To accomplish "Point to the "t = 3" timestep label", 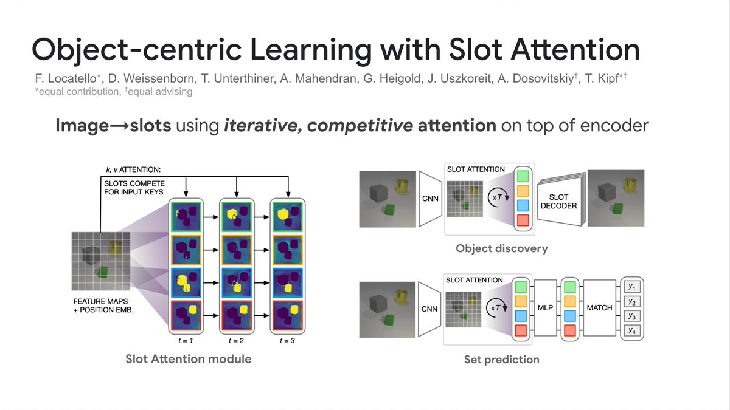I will (x=287, y=340).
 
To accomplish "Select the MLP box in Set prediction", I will (x=545, y=308).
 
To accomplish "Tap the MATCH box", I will (x=599, y=308).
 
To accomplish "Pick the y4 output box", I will (x=632, y=331).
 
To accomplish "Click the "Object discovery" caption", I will (x=501, y=248).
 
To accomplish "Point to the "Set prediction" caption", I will (x=501, y=360).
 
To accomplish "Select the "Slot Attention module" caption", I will (x=188, y=359).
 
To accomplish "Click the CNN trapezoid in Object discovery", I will (x=430, y=198).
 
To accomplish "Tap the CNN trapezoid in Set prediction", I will (x=430, y=309).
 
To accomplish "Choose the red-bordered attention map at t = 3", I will (x=287, y=316).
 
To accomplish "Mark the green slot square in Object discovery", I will (x=523, y=177).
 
